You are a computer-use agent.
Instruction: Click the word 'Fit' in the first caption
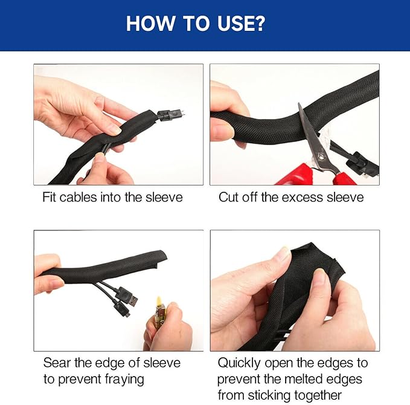tap(51, 197)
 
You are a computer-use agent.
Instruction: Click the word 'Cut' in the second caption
tap(228, 197)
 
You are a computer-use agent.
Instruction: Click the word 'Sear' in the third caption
tap(56, 363)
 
